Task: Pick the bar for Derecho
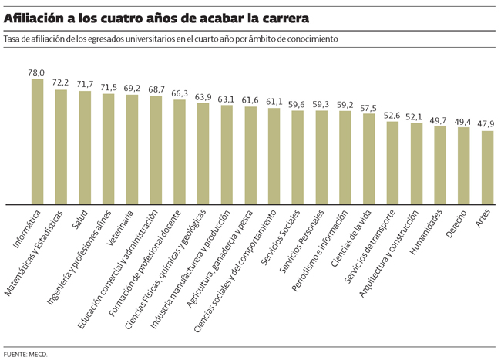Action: (x=463, y=166)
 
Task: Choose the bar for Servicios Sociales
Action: (x=298, y=157)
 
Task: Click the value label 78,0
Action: (x=36, y=72)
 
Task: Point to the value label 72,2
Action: (x=60, y=82)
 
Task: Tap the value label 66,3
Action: (x=179, y=93)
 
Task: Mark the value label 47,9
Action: (x=486, y=123)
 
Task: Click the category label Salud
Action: (x=79, y=220)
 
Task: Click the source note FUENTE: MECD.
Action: (x=25, y=353)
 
